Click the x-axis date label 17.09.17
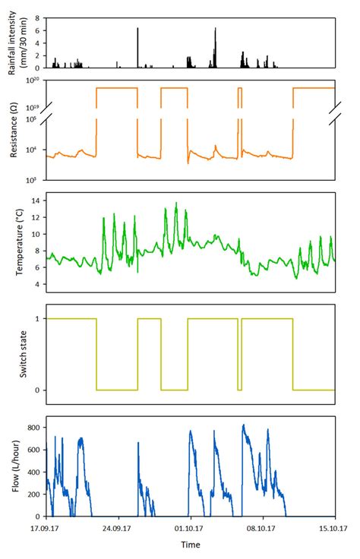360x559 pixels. coord(46,527)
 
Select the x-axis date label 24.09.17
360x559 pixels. coord(118,527)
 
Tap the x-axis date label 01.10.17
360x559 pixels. coord(189,527)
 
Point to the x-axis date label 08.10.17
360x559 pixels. coord(261,527)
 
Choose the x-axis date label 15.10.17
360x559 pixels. coord(333,527)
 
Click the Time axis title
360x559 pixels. coord(190,545)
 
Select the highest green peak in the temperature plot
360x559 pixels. coord(176,204)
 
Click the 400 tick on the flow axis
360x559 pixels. coord(34,473)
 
